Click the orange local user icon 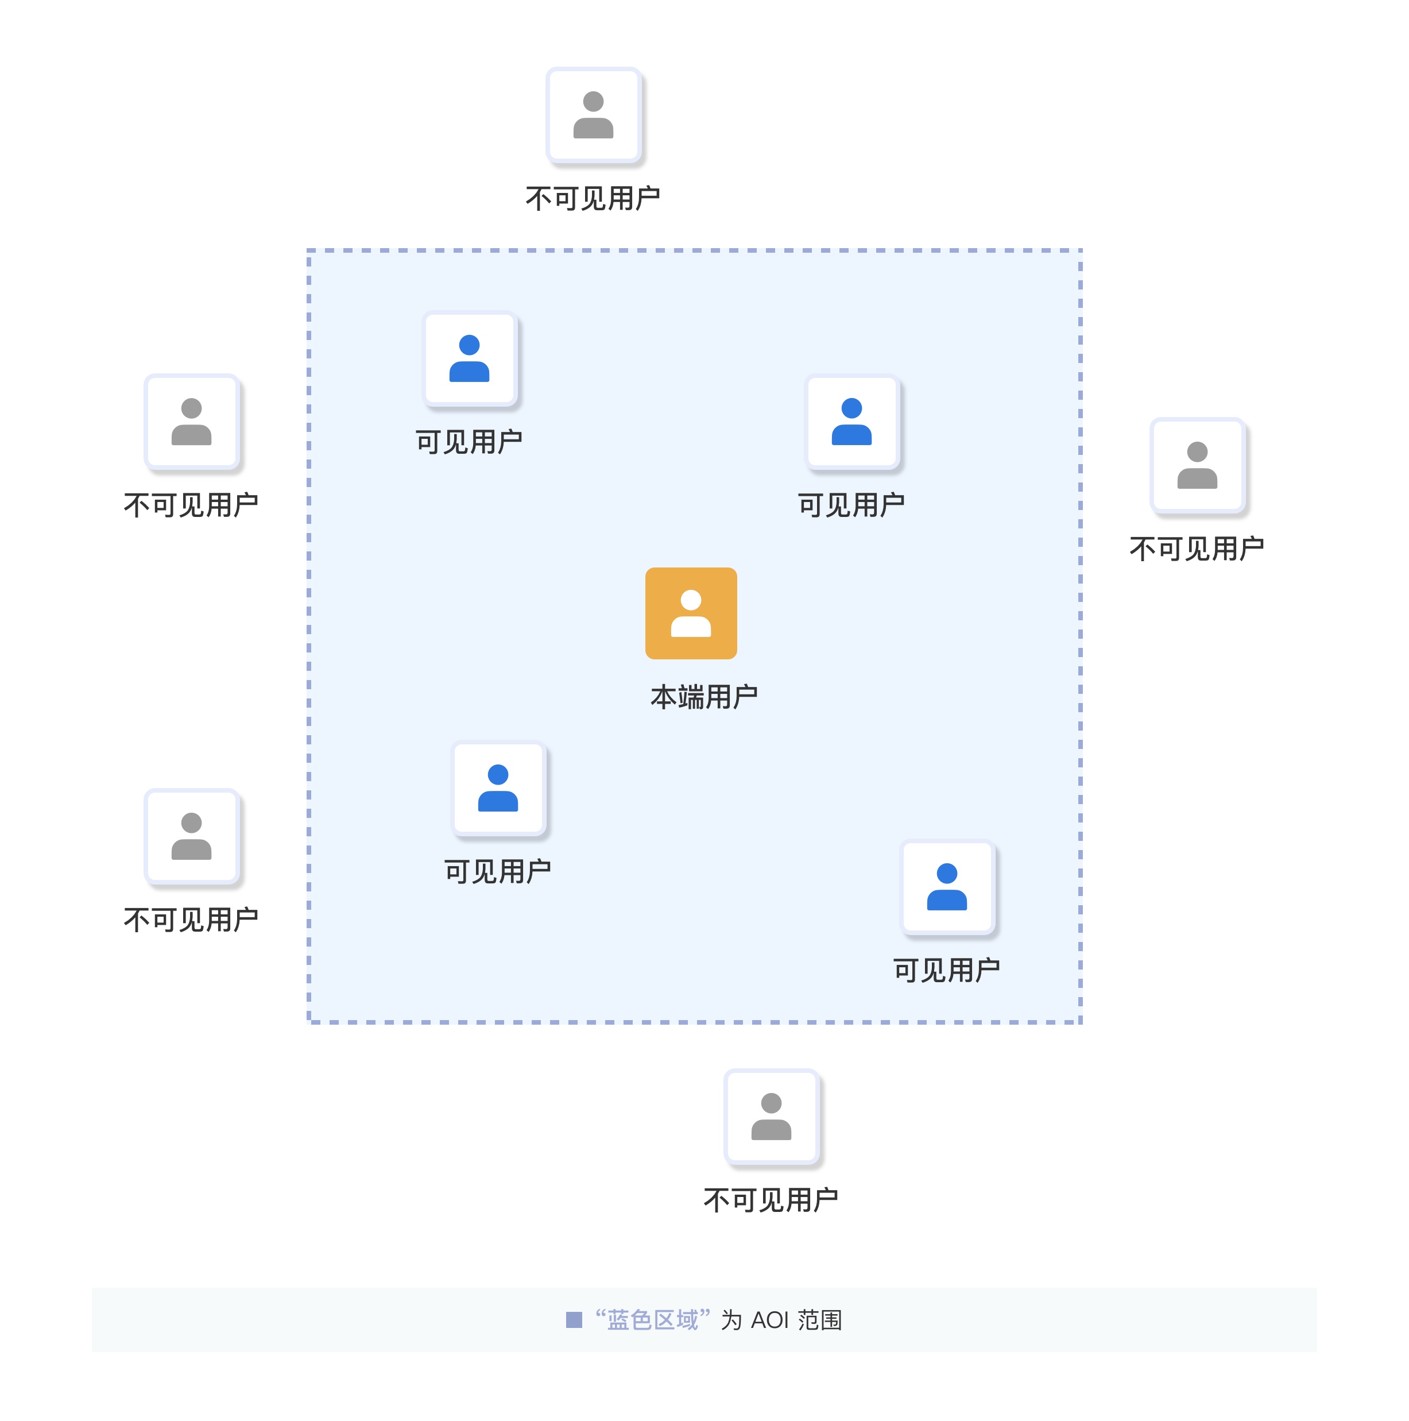pyautogui.click(x=691, y=613)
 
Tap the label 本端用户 pyautogui.click(x=704, y=697)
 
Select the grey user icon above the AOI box pyautogui.click(x=594, y=115)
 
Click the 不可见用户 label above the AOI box pyautogui.click(x=593, y=199)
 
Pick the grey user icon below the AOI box pyautogui.click(x=771, y=1116)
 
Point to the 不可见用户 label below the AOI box pyautogui.click(x=771, y=1200)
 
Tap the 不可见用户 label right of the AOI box pyautogui.click(x=1197, y=549)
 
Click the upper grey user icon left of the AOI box pyautogui.click(x=191, y=422)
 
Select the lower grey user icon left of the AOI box pyautogui.click(x=191, y=836)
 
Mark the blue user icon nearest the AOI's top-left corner pyautogui.click(x=469, y=358)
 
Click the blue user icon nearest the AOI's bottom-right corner pyautogui.click(x=946, y=886)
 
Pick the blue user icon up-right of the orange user pyautogui.click(x=851, y=422)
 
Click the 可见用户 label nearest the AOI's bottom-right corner pyautogui.click(x=946, y=970)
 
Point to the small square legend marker pyautogui.click(x=574, y=1320)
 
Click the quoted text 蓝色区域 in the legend pyautogui.click(x=652, y=1320)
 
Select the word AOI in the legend pyautogui.click(x=769, y=1320)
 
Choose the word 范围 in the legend pyautogui.click(x=820, y=1320)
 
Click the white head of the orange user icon pyautogui.click(x=691, y=600)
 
